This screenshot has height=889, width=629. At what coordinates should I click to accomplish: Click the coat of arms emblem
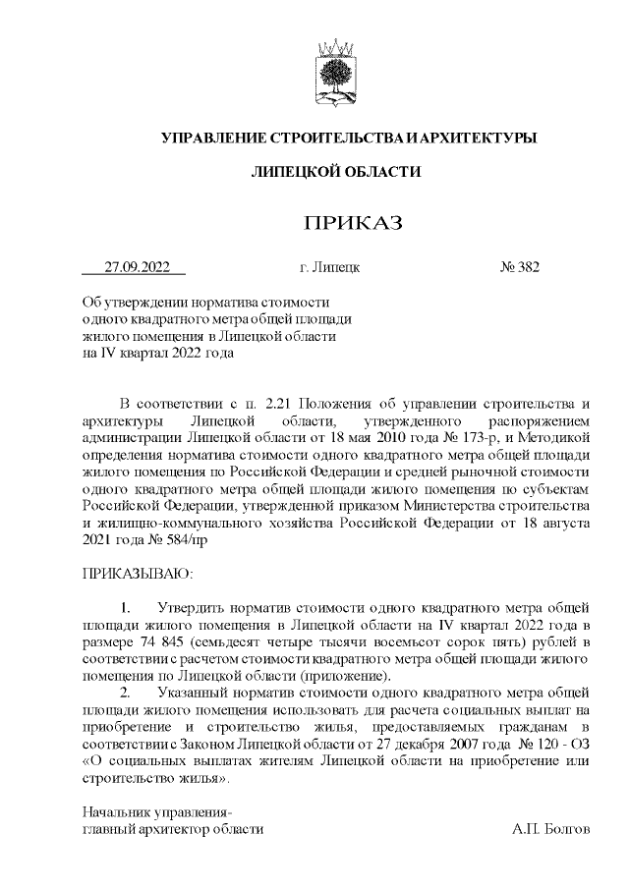click(x=335, y=70)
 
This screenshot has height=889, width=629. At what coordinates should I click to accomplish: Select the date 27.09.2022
click(x=138, y=266)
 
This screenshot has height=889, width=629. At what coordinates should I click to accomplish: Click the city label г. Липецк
click(x=329, y=266)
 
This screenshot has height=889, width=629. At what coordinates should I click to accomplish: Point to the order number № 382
click(x=520, y=266)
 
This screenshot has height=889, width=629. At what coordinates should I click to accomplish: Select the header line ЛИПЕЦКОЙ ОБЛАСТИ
click(x=336, y=172)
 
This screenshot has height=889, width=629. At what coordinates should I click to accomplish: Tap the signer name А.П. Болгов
click(x=550, y=829)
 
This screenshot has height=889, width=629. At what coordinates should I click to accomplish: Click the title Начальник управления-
click(x=157, y=812)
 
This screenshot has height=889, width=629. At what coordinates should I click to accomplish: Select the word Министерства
click(x=419, y=505)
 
